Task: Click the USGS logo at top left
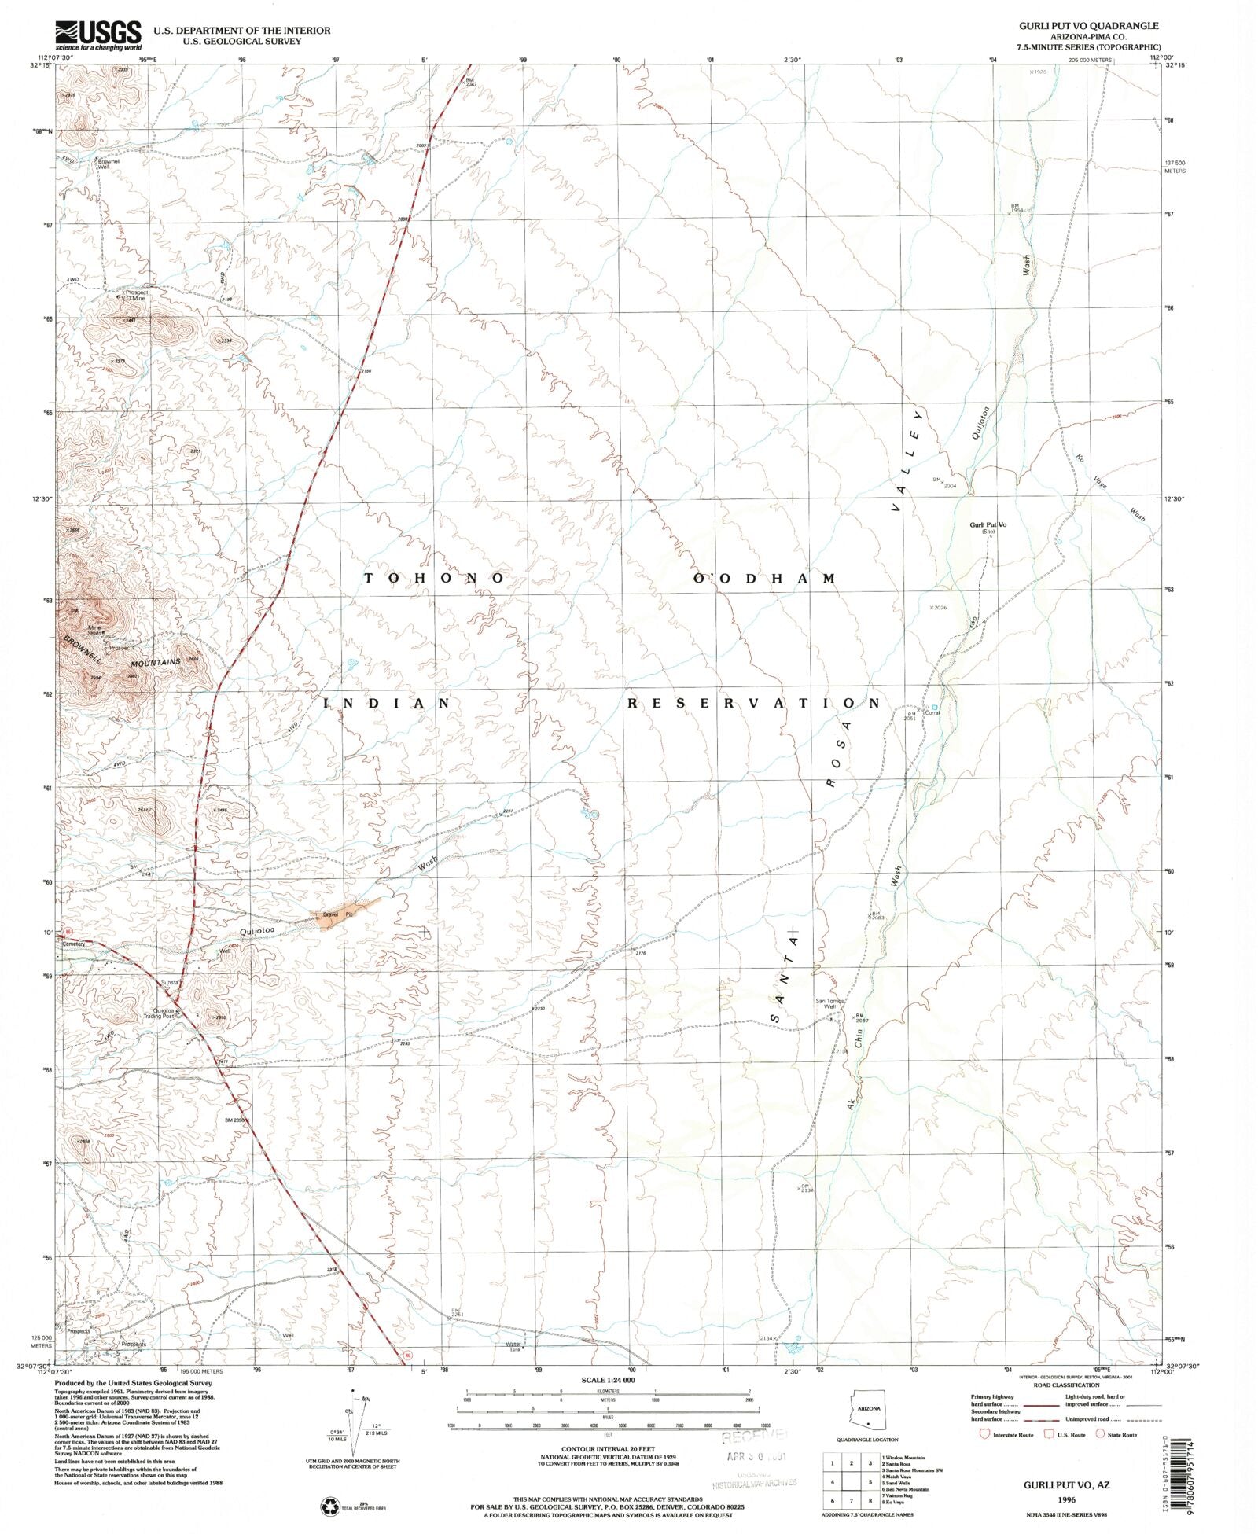pos(97,35)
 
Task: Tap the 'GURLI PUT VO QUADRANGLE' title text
pos(1088,26)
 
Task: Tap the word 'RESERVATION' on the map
pos(752,703)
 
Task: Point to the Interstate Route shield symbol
pos(984,1434)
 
